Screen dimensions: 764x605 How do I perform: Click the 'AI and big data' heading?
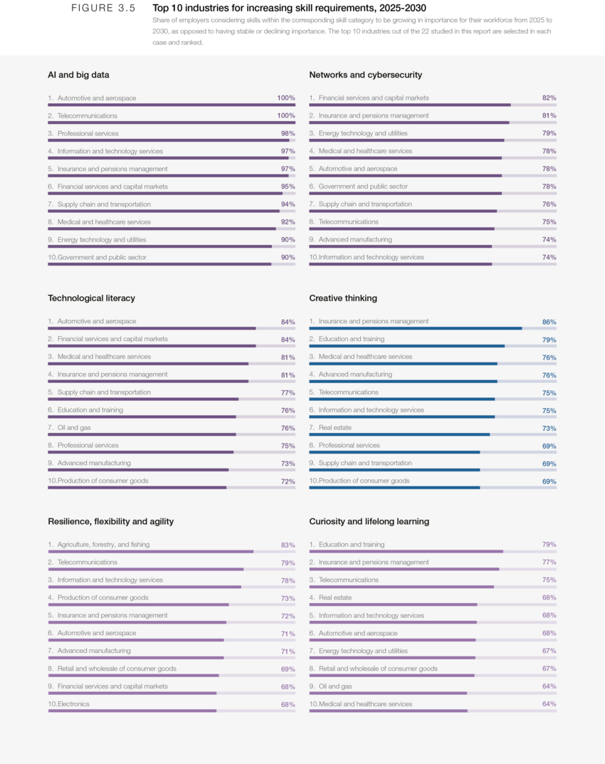click(x=78, y=75)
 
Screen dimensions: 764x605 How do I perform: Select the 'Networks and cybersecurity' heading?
click(x=365, y=75)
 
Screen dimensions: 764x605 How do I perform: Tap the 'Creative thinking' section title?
click(x=343, y=298)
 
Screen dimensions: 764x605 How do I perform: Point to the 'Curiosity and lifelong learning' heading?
click(x=369, y=522)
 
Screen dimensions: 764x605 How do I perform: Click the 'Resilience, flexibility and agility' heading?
click(x=110, y=522)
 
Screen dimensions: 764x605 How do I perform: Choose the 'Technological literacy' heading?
click(x=91, y=298)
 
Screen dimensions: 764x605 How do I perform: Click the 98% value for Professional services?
click(x=288, y=134)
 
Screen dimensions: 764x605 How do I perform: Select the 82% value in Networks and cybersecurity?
click(x=549, y=98)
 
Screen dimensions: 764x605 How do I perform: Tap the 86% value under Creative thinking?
click(x=549, y=322)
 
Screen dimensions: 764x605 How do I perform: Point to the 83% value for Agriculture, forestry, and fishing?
click(x=288, y=545)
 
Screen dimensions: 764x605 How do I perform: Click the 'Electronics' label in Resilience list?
click(x=73, y=704)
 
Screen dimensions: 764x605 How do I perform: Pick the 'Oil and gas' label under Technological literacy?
click(x=74, y=428)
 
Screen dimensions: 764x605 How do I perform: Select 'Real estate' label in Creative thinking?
click(x=335, y=428)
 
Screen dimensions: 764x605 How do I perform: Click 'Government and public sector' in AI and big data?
click(x=102, y=258)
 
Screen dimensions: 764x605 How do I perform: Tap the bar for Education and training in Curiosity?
click(x=406, y=551)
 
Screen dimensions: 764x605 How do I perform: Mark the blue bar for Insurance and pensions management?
click(x=415, y=328)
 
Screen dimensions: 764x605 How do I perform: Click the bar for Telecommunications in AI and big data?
click(x=171, y=122)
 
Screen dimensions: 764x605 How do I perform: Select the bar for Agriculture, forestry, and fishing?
click(x=150, y=551)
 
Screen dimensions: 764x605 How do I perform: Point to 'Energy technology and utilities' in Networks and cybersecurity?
click(x=363, y=133)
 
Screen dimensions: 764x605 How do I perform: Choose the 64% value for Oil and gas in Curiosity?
click(x=549, y=686)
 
